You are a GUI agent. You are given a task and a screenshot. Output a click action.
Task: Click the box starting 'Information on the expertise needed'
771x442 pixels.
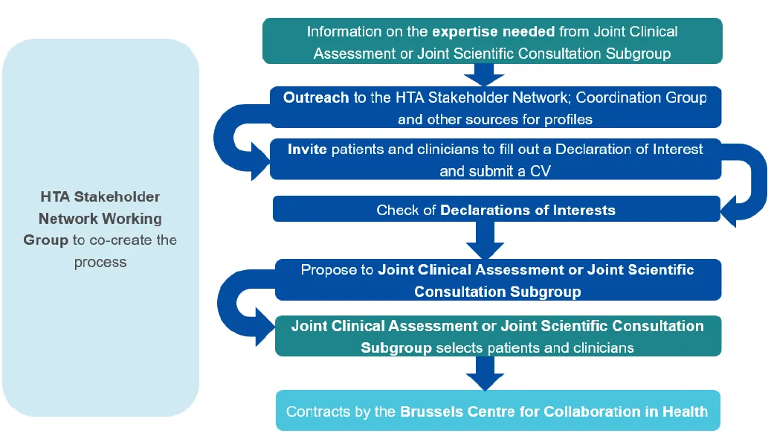pyautogui.click(x=491, y=42)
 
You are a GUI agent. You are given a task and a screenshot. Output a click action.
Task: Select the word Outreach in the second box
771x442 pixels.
pyautogui.click(x=316, y=97)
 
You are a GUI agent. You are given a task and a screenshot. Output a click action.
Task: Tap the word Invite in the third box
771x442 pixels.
pyautogui.click(x=307, y=149)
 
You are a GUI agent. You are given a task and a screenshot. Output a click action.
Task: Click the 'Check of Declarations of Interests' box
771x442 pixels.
pyautogui.click(x=496, y=210)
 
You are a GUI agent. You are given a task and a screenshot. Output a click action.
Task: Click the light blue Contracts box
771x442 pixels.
pyautogui.click(x=497, y=411)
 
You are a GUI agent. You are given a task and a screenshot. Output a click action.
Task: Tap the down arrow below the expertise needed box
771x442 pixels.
pyautogui.click(x=484, y=74)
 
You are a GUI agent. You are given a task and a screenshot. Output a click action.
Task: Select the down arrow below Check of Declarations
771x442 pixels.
pyautogui.click(x=484, y=240)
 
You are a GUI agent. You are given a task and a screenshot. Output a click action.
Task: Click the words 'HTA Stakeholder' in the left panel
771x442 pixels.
pyautogui.click(x=100, y=197)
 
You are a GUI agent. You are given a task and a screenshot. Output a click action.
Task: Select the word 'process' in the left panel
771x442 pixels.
pyautogui.click(x=100, y=262)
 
